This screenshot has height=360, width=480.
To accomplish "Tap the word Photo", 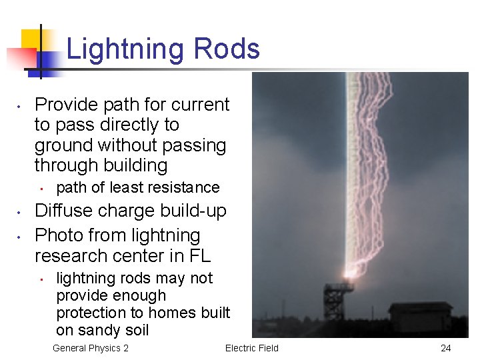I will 59,235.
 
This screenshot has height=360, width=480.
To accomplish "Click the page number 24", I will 446,348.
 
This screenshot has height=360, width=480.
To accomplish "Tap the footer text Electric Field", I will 252,348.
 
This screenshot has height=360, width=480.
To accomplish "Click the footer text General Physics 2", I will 91,348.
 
